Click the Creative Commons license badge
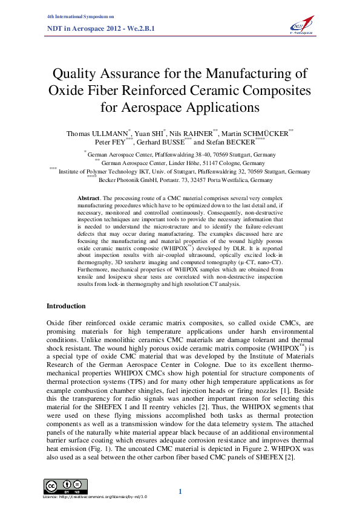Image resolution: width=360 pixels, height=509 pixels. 65,486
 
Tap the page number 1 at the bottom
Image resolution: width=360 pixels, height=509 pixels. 180,491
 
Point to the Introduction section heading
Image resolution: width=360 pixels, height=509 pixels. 66,306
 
